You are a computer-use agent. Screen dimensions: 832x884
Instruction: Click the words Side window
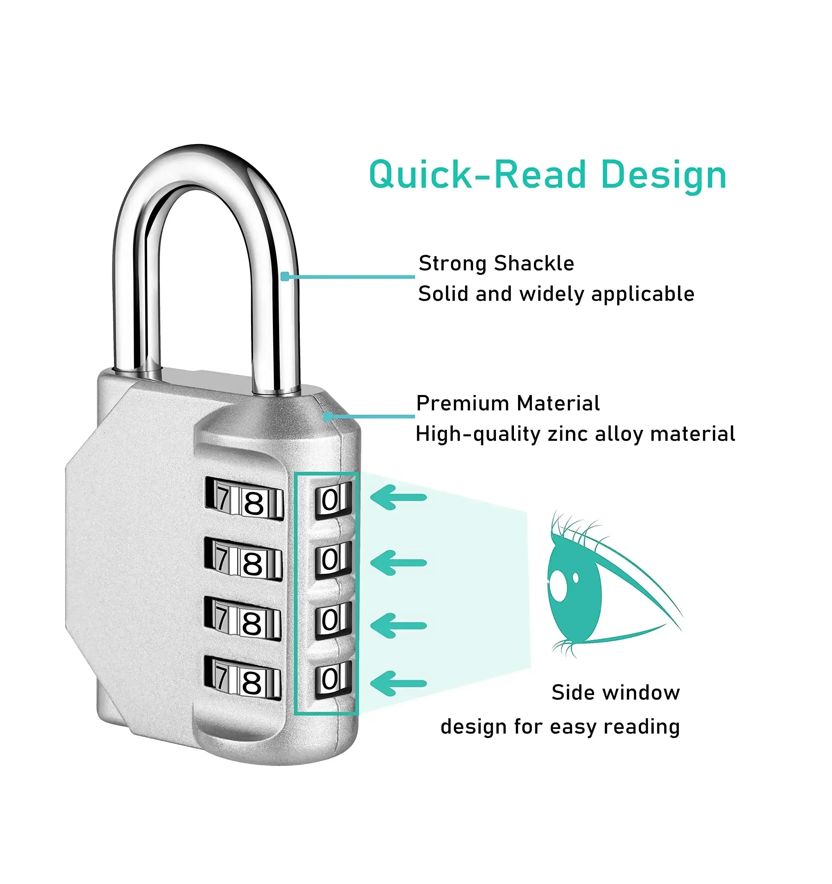click(615, 692)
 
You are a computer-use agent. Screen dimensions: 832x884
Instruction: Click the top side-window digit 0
click(330, 500)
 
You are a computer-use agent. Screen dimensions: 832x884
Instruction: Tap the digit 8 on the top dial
click(254, 504)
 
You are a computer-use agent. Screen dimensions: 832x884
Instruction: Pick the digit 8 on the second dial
click(252, 564)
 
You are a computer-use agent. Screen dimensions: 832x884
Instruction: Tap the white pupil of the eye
click(557, 583)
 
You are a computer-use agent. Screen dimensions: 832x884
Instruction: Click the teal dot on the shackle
click(285, 277)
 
